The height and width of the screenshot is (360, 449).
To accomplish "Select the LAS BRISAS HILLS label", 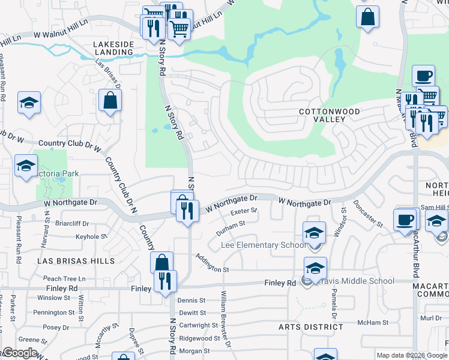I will pos(76,262).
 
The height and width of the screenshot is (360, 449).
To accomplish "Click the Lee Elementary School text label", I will pos(264,245).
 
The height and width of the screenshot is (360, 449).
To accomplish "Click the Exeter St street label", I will pos(244,211).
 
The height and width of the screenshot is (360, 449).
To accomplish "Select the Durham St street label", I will pos(231,224).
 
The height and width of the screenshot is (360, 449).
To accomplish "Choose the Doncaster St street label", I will pos(368,214).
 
